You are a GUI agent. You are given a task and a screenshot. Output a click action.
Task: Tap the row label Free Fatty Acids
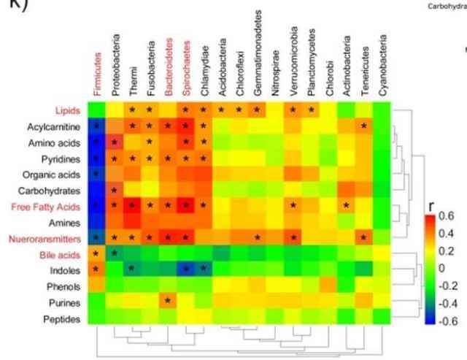coord(50,206)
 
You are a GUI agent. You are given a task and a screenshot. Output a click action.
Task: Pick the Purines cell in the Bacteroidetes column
coord(168,301)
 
